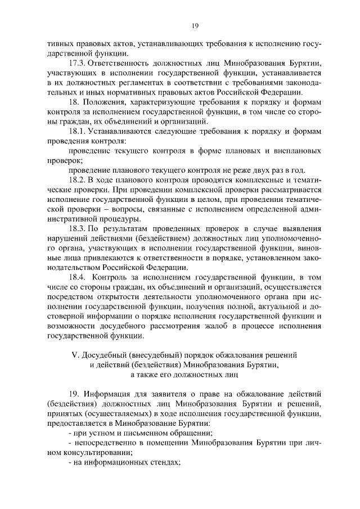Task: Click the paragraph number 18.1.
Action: [x=76, y=130]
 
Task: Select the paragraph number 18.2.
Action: [x=76, y=179]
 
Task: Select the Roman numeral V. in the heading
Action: [x=72, y=354]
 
